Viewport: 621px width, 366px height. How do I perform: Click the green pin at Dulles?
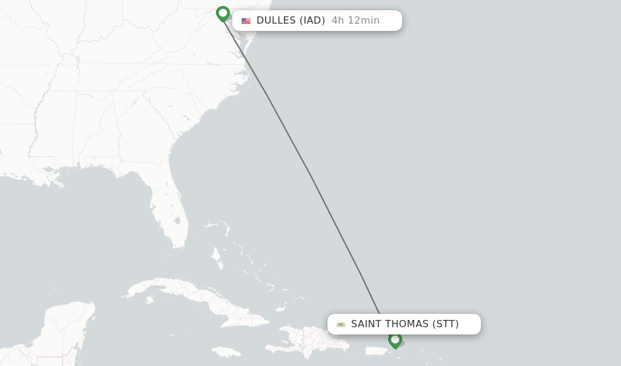click(x=223, y=13)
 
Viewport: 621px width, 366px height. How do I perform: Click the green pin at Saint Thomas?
click(x=395, y=339)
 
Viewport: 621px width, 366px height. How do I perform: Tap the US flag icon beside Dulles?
click(x=246, y=21)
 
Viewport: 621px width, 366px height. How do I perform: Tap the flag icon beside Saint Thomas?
click(x=341, y=324)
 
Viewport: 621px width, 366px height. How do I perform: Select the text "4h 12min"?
click(x=355, y=21)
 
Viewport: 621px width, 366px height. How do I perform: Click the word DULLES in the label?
click(x=276, y=21)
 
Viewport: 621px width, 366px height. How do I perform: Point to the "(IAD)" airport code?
click(x=312, y=21)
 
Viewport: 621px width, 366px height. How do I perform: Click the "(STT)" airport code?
click(x=446, y=324)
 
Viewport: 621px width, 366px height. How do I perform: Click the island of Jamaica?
click(x=226, y=352)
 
